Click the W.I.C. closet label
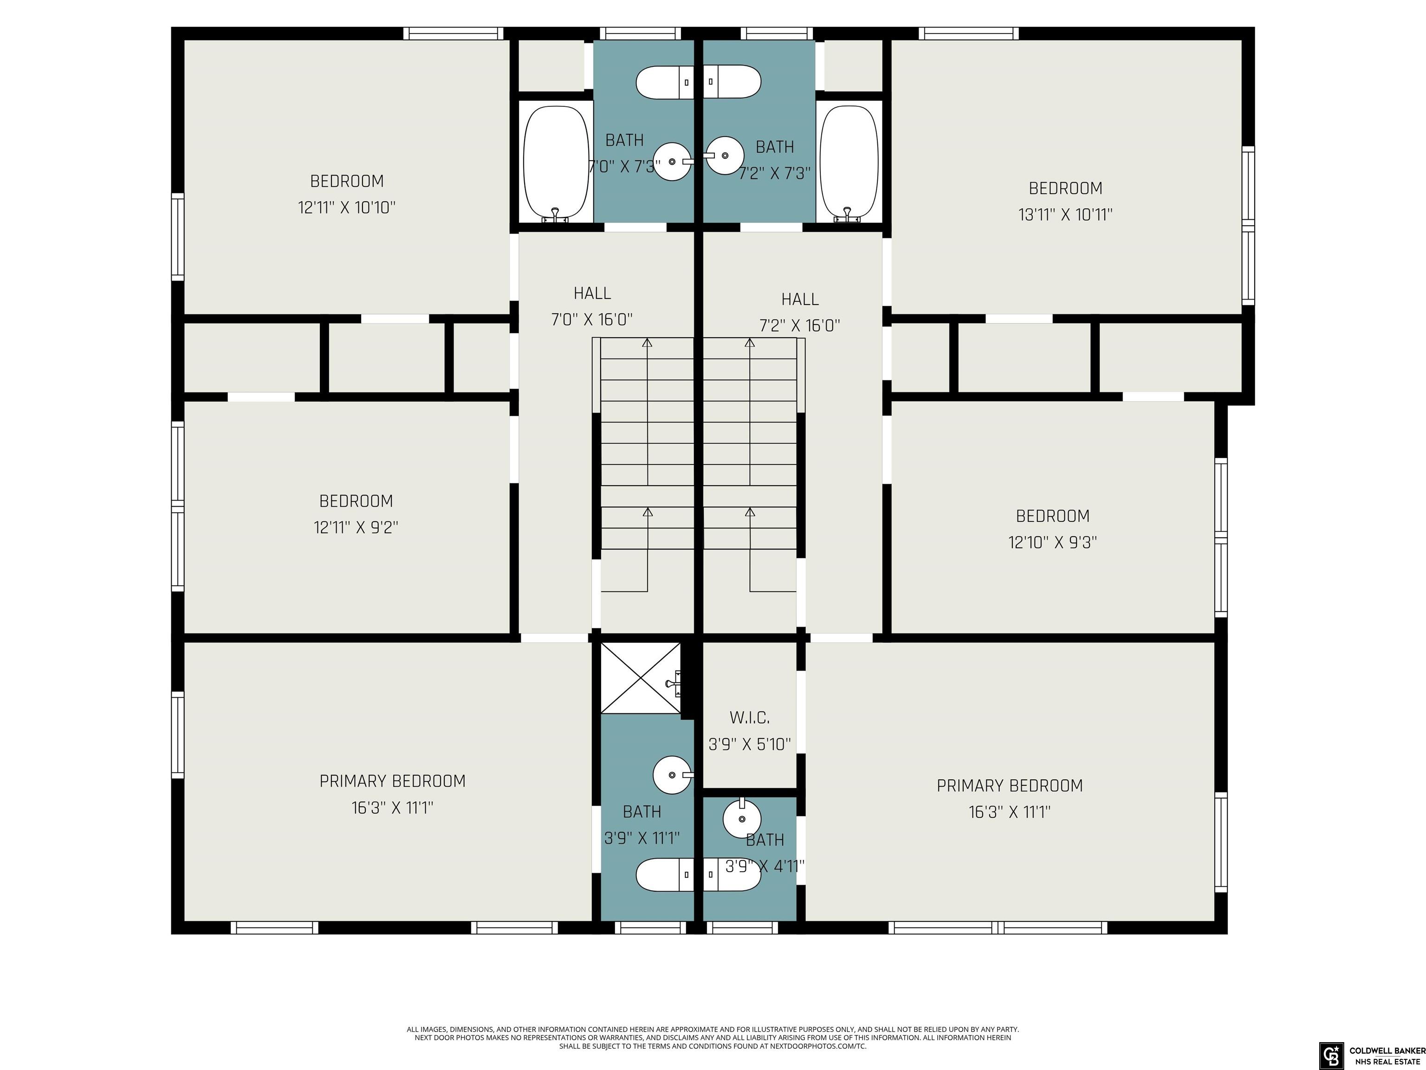coord(749,717)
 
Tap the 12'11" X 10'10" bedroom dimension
coord(347,208)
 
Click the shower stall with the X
coord(641,678)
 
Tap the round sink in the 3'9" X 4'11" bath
coord(742,818)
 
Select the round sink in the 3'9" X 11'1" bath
coord(673,775)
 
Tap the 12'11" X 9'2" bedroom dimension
coord(356,528)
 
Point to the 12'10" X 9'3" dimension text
coord(1053,542)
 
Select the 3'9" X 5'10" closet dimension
coord(750,744)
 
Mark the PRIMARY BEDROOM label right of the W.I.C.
coord(1010,786)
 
